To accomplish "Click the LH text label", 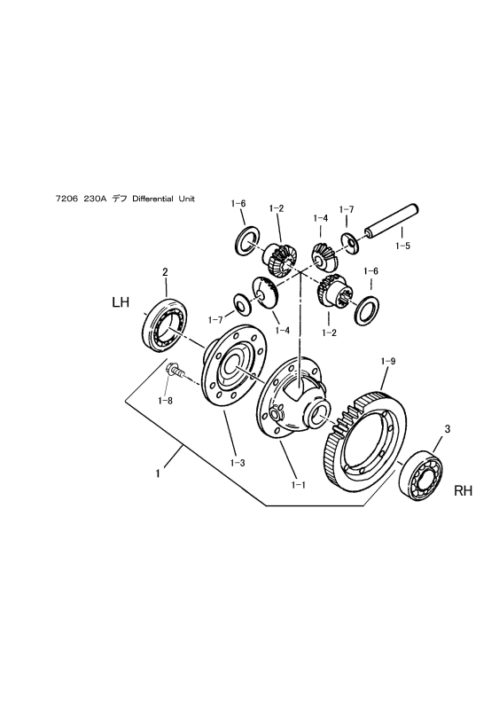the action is [x=121, y=302].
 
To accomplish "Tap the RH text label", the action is [x=463, y=490].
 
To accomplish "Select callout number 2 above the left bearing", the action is [x=165, y=272].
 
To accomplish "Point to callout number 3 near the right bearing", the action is [x=447, y=429].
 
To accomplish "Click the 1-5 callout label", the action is [x=402, y=246].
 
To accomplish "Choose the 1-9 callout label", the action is [x=388, y=361].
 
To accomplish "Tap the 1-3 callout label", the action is [x=238, y=463].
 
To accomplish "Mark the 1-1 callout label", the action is [x=298, y=485].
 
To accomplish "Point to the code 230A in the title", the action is [x=95, y=199].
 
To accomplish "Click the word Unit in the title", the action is [x=187, y=199].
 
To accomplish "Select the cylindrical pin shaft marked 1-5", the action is [x=391, y=221].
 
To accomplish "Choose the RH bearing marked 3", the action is [x=420, y=476].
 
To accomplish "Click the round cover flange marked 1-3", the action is [x=234, y=367].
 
